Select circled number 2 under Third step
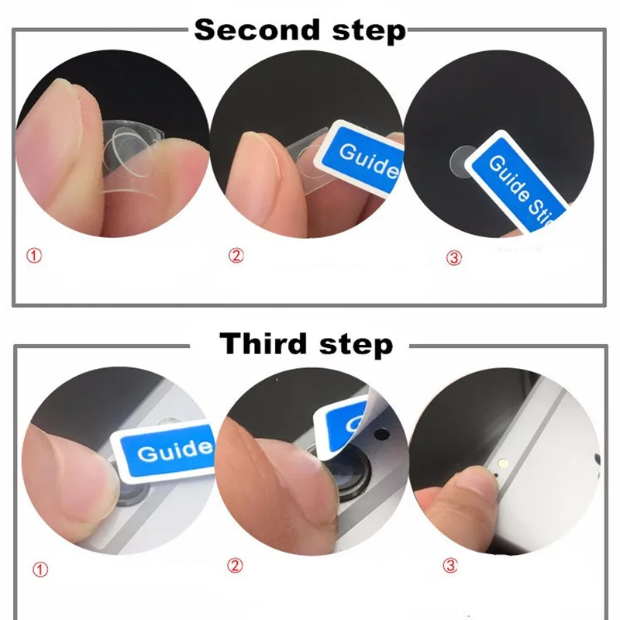coord(235,566)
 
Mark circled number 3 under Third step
coord(450,566)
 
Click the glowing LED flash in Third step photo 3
coord(505,462)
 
